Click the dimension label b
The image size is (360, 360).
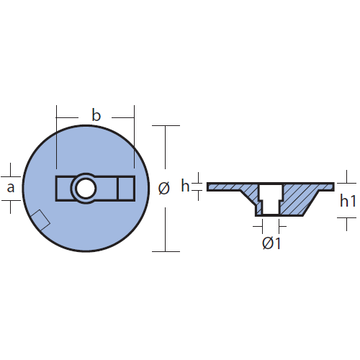click(x=96, y=115)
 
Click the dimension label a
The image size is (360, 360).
click(x=11, y=188)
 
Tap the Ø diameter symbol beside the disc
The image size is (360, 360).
click(x=164, y=188)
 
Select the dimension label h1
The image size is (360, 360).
click(x=348, y=201)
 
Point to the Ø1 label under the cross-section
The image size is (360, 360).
click(x=271, y=243)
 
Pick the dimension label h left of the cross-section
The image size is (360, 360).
click(x=185, y=186)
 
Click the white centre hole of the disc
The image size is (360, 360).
click(x=86, y=189)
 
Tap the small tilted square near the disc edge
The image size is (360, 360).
click(x=40, y=220)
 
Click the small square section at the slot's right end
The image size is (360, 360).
click(x=126, y=189)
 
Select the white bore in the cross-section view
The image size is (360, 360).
click(x=271, y=199)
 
